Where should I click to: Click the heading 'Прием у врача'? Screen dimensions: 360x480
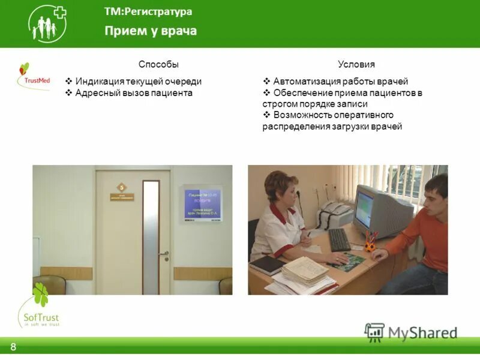click(151, 31)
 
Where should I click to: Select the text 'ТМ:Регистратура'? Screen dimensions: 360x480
click(148, 11)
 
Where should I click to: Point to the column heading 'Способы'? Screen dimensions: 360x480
click(158, 64)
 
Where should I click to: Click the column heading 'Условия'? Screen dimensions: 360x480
click(356, 64)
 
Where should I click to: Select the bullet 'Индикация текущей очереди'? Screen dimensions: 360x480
click(138, 82)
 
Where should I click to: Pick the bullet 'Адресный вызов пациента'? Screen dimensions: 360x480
click(133, 93)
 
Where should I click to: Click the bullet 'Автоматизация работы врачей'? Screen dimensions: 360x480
click(340, 82)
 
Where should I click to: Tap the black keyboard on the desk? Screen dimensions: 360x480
click(339, 240)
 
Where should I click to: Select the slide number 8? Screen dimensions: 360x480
click(13, 347)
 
